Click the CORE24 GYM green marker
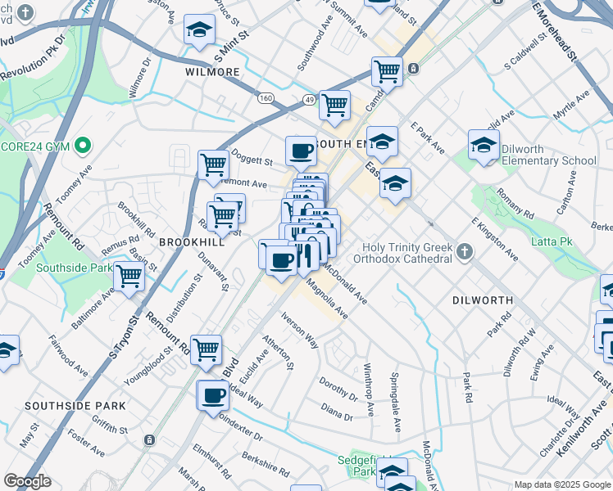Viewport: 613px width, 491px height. (x=81, y=146)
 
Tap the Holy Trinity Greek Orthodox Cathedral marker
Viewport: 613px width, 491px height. (x=465, y=251)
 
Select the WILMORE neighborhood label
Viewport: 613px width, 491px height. (x=212, y=72)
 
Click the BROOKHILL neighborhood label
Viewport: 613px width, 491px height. (x=192, y=242)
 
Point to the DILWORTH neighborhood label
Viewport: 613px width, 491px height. (x=483, y=300)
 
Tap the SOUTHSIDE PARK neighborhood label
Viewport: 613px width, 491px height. (x=75, y=405)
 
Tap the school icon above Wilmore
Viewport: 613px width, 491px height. (x=198, y=30)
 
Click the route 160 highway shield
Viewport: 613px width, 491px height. (x=266, y=98)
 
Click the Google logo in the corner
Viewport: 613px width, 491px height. (x=27, y=481)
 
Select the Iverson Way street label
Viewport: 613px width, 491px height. (x=300, y=329)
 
